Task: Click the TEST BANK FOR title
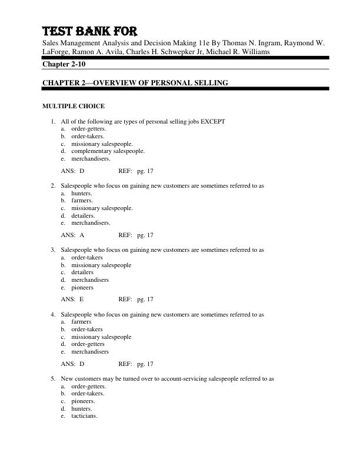click(x=89, y=31)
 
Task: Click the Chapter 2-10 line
click(x=62, y=64)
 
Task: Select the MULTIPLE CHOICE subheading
click(x=74, y=106)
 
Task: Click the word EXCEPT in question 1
click(x=213, y=121)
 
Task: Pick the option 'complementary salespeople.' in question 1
click(x=108, y=151)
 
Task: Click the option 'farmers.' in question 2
click(x=82, y=200)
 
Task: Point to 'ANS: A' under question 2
click(x=73, y=235)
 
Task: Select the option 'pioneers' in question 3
click(x=82, y=288)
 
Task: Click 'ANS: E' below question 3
click(x=73, y=299)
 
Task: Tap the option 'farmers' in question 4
click(x=81, y=322)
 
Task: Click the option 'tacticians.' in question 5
click(x=85, y=416)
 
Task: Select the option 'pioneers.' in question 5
click(x=83, y=401)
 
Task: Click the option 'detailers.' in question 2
click(x=83, y=215)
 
